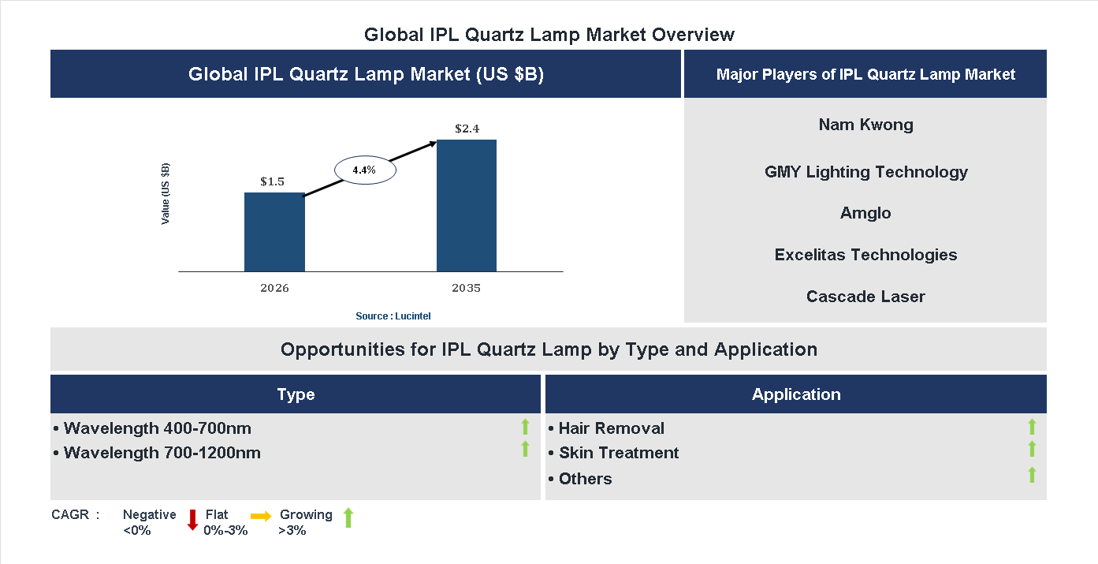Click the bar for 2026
tap(274, 232)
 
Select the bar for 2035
tap(467, 206)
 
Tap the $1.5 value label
tap(272, 181)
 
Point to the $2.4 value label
tap(467, 128)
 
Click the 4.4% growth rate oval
tap(364, 170)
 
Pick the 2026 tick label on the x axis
tap(274, 288)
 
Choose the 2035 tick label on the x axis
tap(466, 288)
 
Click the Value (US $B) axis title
tap(166, 193)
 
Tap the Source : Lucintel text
tap(393, 316)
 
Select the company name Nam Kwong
tap(865, 125)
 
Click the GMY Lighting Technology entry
tap(865, 172)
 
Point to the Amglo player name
tap(865, 213)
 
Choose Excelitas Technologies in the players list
tap(865, 255)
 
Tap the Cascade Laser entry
tap(865, 297)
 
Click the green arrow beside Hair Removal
tap(1032, 427)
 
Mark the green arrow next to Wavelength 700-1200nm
tap(525, 450)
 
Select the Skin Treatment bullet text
tap(618, 453)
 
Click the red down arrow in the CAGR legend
tap(192, 520)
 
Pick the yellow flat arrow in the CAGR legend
tap(261, 517)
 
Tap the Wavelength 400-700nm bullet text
tap(157, 428)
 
